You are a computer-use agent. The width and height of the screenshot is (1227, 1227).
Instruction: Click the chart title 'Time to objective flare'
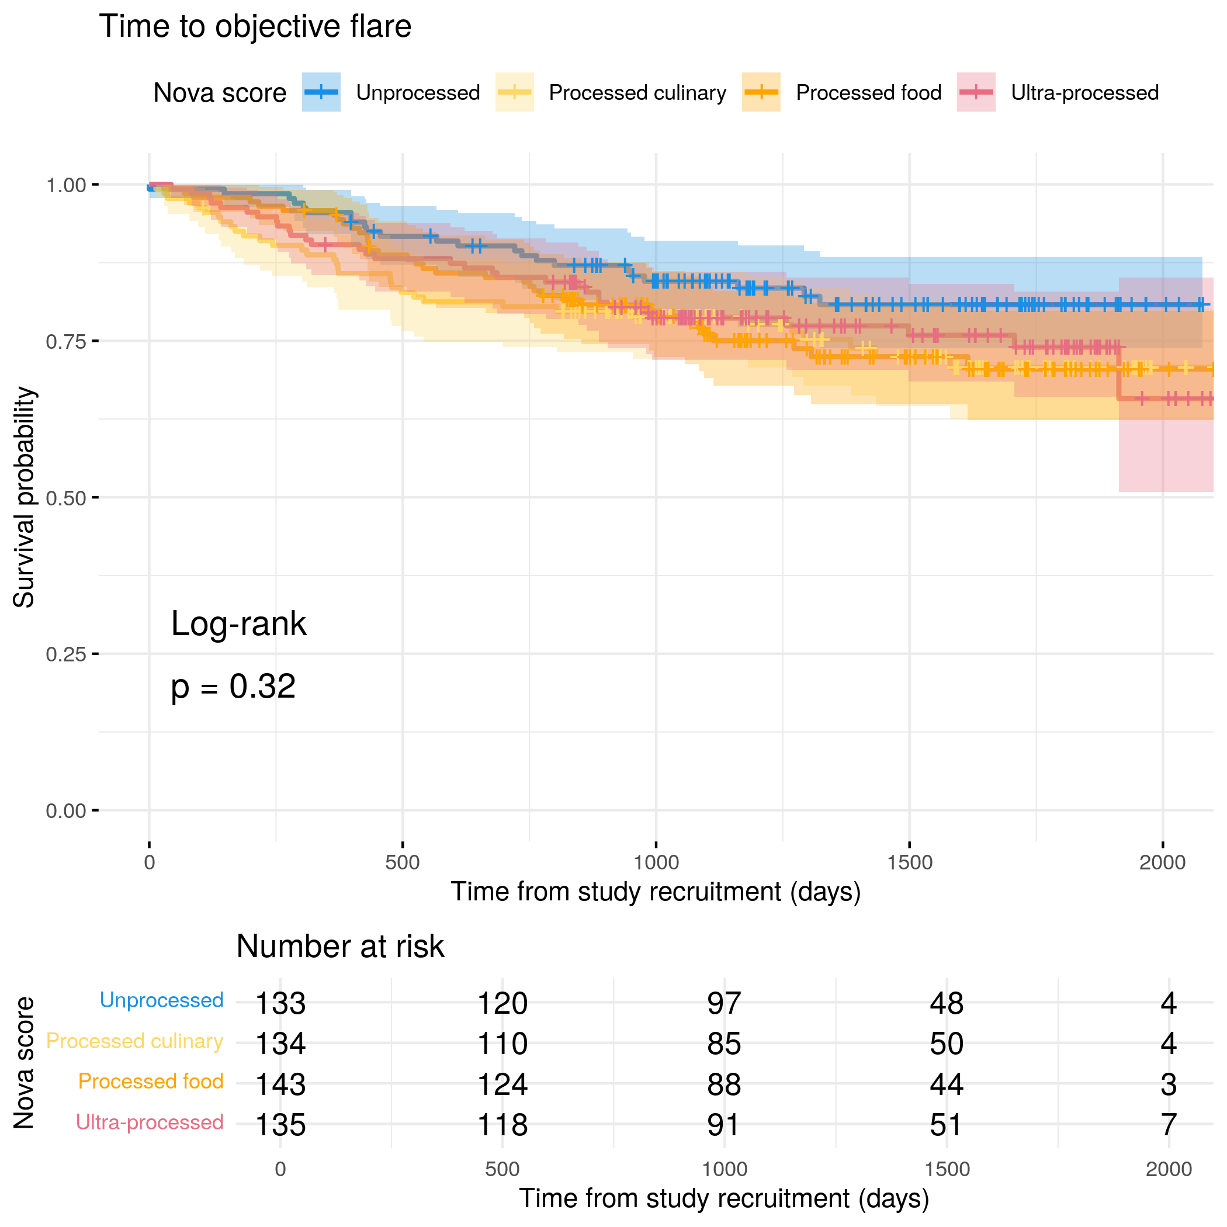tap(255, 27)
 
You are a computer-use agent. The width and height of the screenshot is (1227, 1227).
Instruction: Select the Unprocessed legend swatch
tap(321, 92)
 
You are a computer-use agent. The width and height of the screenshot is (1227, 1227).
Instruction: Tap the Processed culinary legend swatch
tap(514, 92)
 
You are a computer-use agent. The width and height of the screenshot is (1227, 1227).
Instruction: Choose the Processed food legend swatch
tap(761, 92)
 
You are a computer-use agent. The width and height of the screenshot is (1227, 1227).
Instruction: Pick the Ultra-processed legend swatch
tap(976, 92)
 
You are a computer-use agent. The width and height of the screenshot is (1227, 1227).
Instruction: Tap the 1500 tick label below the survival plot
tap(910, 862)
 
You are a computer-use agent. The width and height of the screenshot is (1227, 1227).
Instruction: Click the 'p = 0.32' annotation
tap(233, 687)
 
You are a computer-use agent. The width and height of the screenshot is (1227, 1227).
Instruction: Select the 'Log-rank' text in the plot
tap(239, 623)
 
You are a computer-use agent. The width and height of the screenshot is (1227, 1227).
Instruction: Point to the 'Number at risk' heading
tap(340, 947)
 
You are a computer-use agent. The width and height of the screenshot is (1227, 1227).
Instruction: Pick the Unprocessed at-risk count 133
tap(280, 1003)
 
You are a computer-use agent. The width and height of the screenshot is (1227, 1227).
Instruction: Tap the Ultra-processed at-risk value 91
tap(724, 1125)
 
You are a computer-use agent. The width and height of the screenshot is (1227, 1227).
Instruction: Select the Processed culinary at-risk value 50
tap(947, 1044)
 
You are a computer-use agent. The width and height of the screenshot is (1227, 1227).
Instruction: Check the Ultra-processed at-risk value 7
tap(1169, 1125)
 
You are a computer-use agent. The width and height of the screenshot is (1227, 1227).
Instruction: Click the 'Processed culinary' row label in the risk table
tap(134, 1041)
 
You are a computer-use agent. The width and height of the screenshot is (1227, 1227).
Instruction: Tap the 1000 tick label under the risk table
tap(724, 1169)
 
